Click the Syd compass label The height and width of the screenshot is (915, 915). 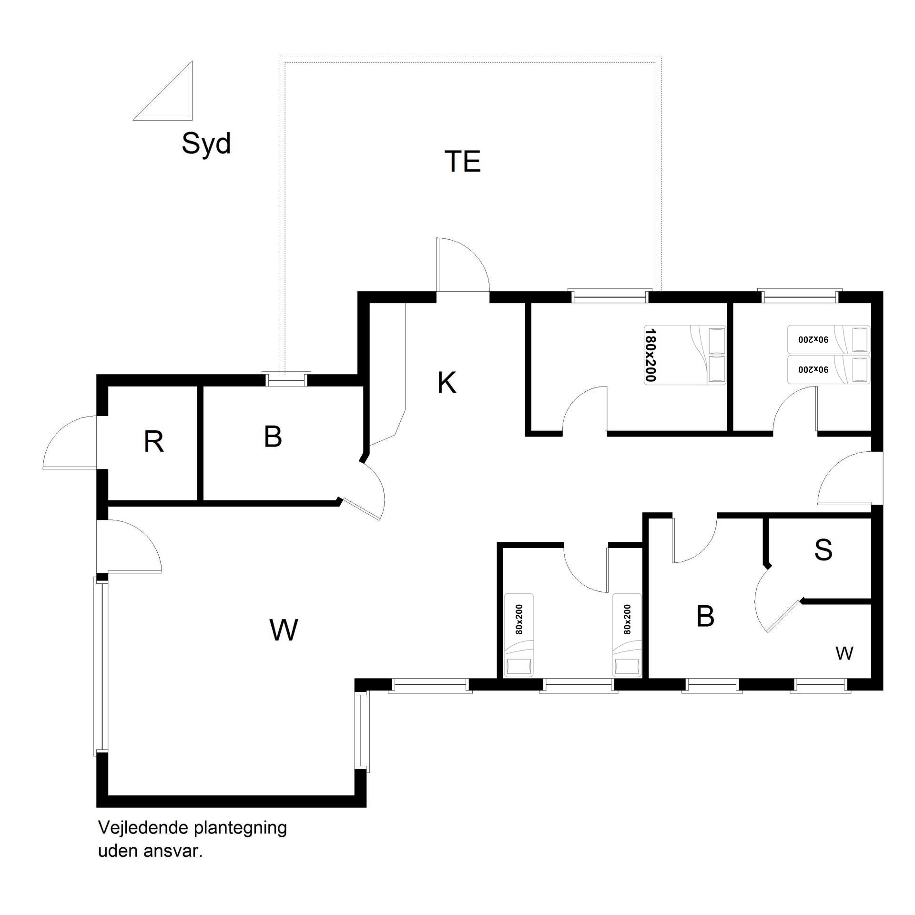point(206,143)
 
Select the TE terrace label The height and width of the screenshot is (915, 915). point(462,161)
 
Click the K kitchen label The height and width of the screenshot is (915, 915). point(447,383)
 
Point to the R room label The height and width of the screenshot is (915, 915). point(154,442)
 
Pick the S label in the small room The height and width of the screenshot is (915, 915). point(823,549)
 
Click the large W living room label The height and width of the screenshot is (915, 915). point(284,630)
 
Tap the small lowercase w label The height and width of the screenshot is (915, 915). point(844,653)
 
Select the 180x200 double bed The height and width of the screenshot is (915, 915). point(685,355)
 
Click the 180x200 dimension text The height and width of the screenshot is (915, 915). point(651,355)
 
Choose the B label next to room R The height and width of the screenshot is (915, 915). point(273,436)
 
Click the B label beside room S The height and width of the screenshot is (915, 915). point(705,616)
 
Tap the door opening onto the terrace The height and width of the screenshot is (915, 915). point(463,264)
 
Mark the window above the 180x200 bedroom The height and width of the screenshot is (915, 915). point(610,296)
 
